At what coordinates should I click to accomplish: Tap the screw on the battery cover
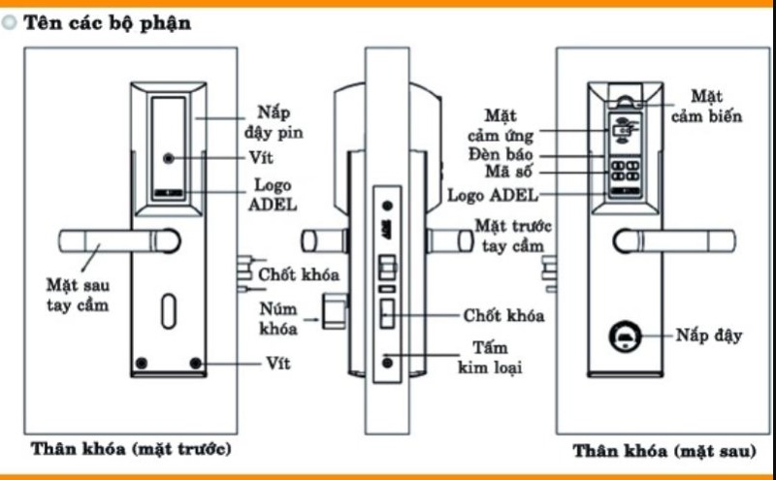(x=170, y=158)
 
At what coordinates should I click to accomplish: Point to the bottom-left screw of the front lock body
(x=143, y=364)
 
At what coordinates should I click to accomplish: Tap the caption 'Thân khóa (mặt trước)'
(x=131, y=449)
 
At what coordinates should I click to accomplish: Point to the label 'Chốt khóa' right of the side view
(x=503, y=316)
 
